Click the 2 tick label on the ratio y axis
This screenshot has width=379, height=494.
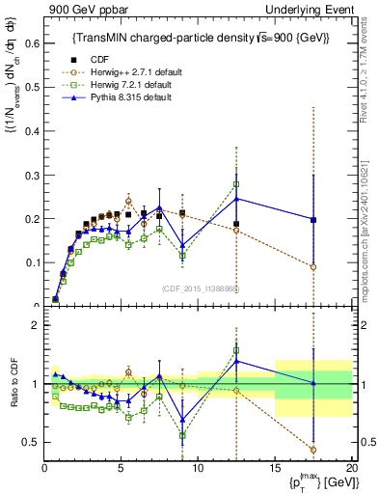coord(35,325)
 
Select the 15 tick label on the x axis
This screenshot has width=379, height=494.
coord(275,468)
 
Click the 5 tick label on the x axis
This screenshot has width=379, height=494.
coord(121,468)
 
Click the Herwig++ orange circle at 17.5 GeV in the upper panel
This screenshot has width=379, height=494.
coord(312,267)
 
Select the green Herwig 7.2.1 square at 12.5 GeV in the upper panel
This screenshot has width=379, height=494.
coord(236,184)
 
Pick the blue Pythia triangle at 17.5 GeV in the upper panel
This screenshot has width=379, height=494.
coord(312,219)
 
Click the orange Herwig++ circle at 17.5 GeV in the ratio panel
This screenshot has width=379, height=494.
coord(312,450)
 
